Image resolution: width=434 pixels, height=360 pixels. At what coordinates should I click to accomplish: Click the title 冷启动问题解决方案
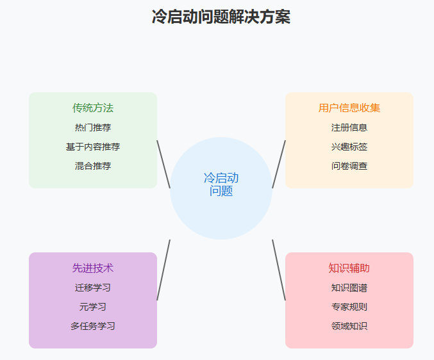221,17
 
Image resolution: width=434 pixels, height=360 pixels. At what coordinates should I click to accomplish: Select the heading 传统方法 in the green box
93,108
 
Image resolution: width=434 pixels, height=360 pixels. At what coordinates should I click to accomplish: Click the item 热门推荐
93,127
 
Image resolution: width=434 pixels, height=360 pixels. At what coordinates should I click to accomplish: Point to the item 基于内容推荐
93,147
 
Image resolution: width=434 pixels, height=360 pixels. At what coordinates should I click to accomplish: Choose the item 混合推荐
93,166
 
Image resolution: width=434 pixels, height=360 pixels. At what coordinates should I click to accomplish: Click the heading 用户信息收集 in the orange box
349,108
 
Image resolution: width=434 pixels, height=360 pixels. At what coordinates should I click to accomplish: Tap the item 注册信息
349,127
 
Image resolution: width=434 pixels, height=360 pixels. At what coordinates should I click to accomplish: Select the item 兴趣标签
349,147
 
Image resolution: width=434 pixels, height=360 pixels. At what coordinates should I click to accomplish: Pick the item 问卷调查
349,166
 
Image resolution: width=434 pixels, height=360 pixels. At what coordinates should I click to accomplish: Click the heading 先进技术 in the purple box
93,268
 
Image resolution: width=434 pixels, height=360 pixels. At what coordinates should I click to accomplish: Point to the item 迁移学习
93,288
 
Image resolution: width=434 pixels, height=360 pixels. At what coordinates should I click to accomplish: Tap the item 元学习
93,307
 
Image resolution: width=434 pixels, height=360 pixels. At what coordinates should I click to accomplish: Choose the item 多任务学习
93,326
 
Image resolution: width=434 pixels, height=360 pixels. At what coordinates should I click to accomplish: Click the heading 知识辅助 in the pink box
349,268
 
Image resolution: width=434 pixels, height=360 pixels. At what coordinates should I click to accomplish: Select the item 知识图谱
349,288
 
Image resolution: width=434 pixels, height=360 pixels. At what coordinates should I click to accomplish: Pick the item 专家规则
349,307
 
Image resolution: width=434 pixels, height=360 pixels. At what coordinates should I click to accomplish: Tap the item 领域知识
349,326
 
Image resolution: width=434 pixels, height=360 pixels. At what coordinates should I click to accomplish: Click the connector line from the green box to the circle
163,164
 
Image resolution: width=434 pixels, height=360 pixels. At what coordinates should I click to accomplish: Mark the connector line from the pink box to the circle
279,270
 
